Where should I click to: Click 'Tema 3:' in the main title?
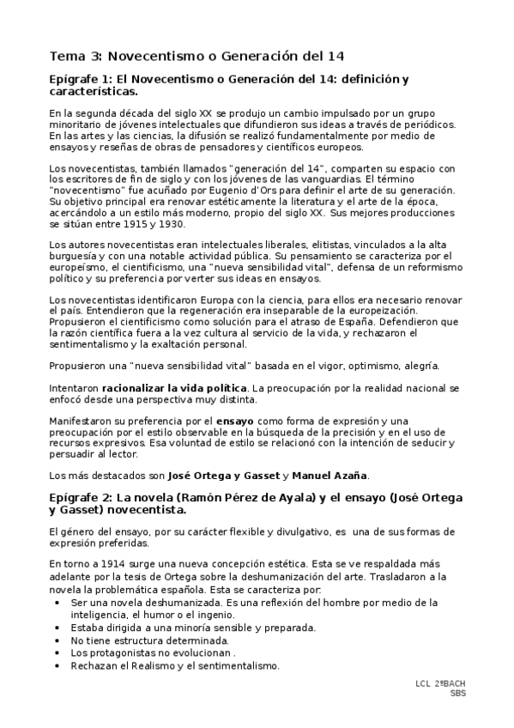tap(76, 57)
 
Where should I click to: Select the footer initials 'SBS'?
tap(458, 693)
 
